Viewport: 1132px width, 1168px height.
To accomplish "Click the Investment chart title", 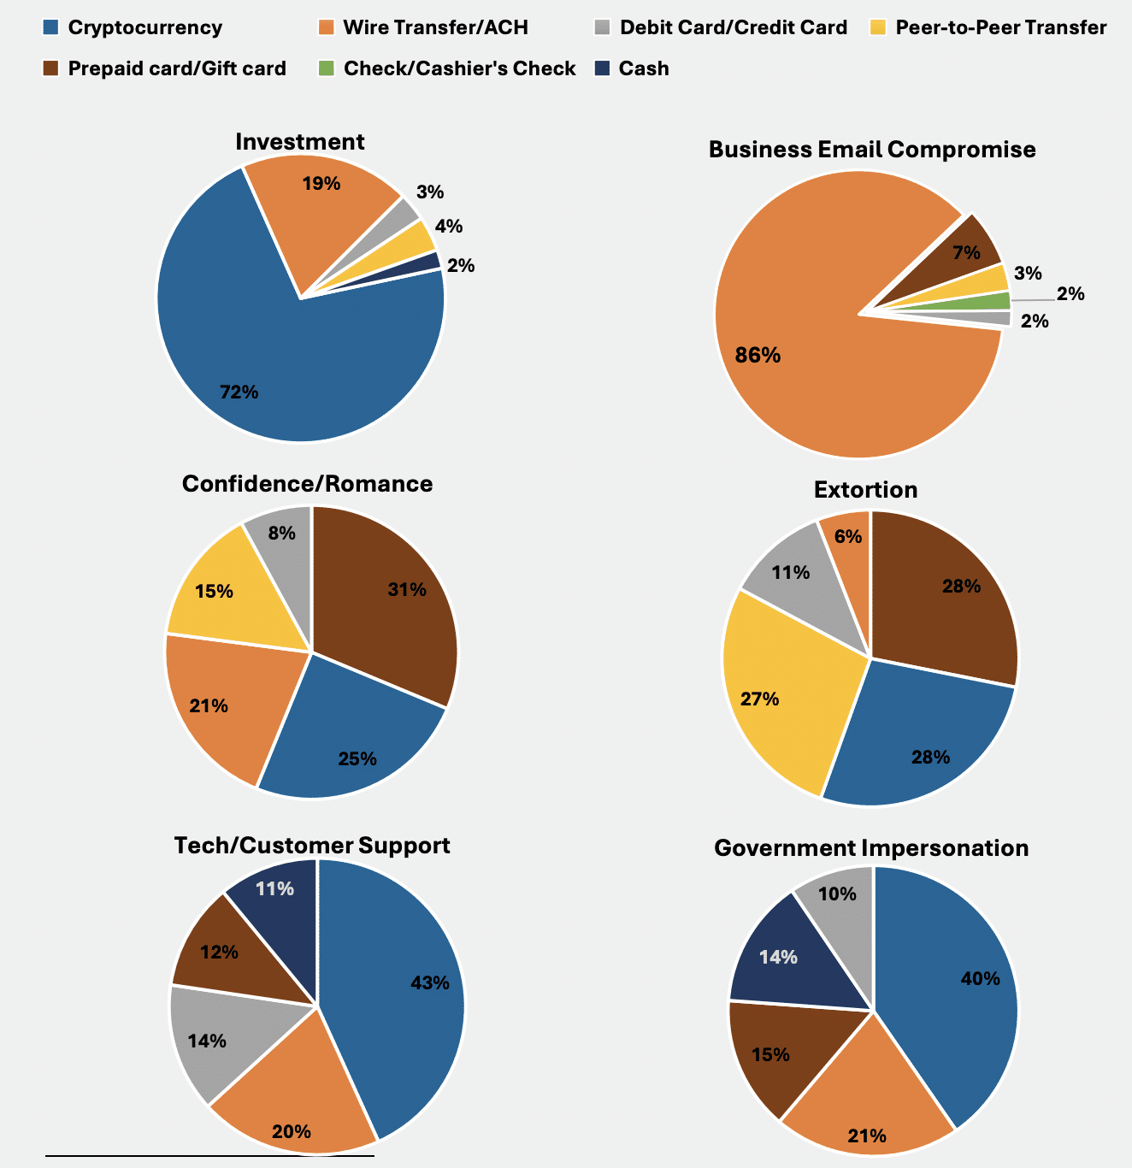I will click(x=299, y=141).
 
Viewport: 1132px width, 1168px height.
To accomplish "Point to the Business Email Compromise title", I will click(x=871, y=150).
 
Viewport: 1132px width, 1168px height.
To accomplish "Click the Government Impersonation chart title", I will click(x=870, y=848).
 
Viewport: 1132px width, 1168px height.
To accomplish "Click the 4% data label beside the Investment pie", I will click(x=448, y=227).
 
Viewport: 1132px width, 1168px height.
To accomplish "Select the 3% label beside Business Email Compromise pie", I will click(x=1028, y=274).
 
